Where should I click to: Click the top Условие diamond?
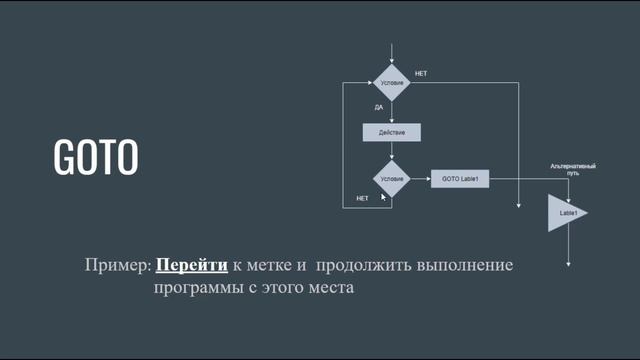coord(392,82)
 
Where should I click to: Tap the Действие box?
coord(391,132)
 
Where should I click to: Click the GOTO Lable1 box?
coord(460,180)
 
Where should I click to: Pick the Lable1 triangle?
coord(566,213)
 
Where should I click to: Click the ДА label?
coord(379,107)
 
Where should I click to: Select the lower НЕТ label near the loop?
coord(362,198)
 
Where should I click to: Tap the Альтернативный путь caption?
coord(573,169)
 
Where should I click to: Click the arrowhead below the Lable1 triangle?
coord(568,263)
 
